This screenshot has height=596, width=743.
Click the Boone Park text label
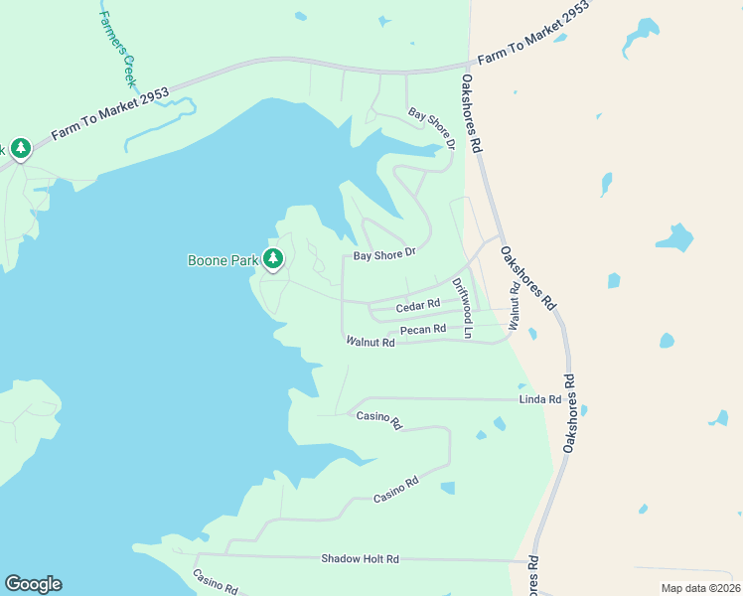223,261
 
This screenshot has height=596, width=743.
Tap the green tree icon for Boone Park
273,259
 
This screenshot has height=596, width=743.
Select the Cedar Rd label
417,305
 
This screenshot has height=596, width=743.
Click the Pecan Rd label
422,329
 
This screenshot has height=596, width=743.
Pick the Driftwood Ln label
462,308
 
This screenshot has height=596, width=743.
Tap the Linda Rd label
540,399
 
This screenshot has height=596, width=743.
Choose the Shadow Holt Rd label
360,559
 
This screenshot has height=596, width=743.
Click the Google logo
33,584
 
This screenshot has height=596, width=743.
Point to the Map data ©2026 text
699,588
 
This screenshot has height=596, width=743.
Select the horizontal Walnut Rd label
371,342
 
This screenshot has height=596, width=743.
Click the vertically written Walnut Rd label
515,306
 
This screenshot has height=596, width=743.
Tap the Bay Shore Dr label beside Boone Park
382,254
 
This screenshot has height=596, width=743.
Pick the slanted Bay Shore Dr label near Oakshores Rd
432,129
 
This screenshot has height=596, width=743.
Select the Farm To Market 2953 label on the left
110,114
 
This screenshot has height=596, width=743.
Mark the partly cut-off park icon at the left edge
20,149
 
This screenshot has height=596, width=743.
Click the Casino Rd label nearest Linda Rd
378,421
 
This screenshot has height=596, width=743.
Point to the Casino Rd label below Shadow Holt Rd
216,582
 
